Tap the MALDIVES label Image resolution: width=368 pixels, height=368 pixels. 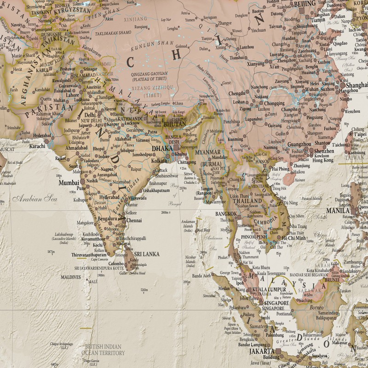[71, 277]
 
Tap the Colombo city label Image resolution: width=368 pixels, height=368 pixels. [115, 264]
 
